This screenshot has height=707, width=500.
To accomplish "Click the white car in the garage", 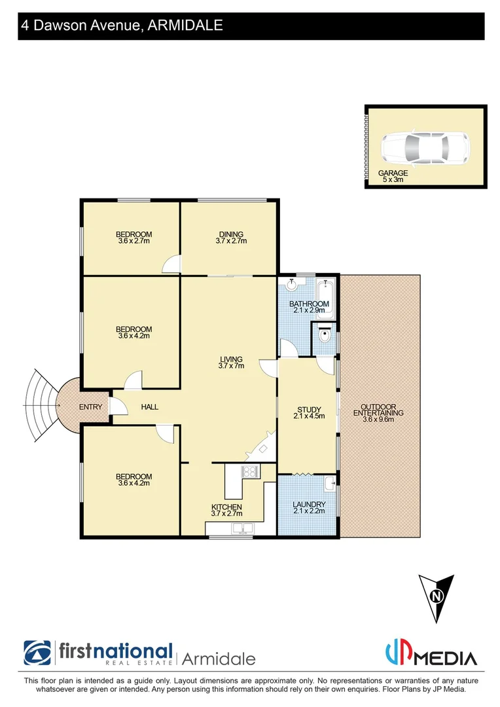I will pyautogui.click(x=425, y=148).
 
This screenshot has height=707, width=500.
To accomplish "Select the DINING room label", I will pyautogui.click(x=231, y=234).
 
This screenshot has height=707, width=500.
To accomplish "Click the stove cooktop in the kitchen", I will pyautogui.click(x=249, y=471).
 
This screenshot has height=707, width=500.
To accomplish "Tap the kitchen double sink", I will pyautogui.click(x=238, y=528).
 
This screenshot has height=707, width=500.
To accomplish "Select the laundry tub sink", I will pyautogui.click(x=329, y=484).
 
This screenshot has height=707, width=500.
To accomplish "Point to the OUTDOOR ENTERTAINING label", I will pyautogui.click(x=378, y=410).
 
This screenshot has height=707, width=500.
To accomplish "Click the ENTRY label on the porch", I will pyautogui.click(x=90, y=407).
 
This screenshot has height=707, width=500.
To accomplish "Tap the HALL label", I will pyautogui.click(x=150, y=407).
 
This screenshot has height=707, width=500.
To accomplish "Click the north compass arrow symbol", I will pyautogui.click(x=436, y=598).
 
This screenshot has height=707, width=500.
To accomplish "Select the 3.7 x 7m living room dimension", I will pyautogui.click(x=232, y=366).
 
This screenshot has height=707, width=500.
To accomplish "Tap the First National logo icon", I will pyautogui.click(x=37, y=653).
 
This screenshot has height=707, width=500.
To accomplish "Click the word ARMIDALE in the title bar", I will pyautogui.click(x=187, y=26).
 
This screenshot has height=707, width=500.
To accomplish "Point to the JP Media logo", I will pyautogui.click(x=430, y=654).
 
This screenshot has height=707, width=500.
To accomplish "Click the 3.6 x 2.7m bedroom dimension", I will pyautogui.click(x=134, y=241).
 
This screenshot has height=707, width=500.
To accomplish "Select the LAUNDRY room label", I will pyautogui.click(x=309, y=505).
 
